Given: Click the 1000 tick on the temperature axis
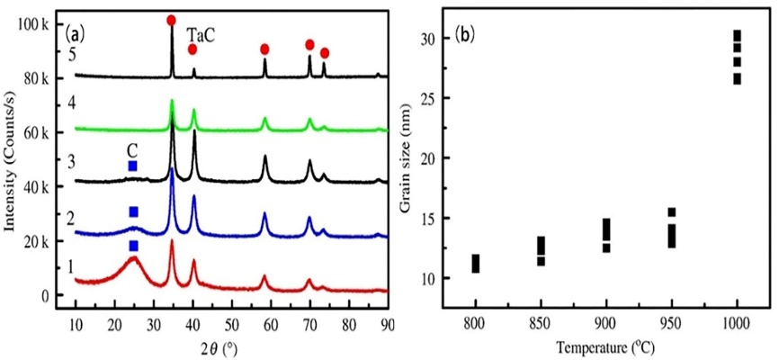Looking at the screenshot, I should point(737,322).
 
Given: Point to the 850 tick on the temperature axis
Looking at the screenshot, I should point(541,322).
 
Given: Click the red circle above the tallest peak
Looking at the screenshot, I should point(172,20).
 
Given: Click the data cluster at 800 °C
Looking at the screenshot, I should point(476,263).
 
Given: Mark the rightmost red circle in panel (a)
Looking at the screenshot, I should point(325,53).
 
